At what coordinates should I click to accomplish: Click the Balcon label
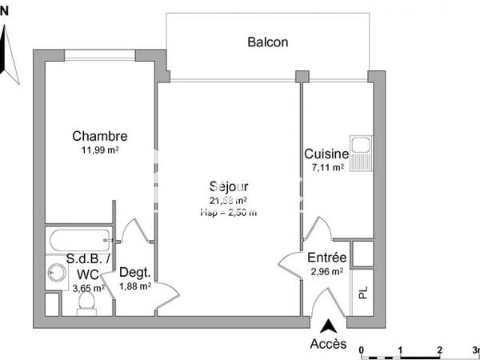pos(267,42)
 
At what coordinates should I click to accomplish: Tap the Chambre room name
pos(99,136)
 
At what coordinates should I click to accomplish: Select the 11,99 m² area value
pos(100,150)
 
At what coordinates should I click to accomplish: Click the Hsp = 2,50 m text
pos(228,212)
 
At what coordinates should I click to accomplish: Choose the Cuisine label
pos(326,154)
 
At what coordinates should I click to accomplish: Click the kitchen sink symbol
pos(362,153)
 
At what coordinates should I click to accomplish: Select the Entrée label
pos(326,258)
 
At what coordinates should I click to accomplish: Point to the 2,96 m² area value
pos(326,271)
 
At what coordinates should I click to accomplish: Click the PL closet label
pos(362,293)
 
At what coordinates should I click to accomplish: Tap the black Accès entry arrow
pos(328,326)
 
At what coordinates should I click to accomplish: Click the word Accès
pos(328,344)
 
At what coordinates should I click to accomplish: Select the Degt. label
pos(134,272)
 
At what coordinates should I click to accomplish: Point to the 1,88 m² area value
pos(134,286)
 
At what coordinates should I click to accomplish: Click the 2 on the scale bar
pos(439,350)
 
